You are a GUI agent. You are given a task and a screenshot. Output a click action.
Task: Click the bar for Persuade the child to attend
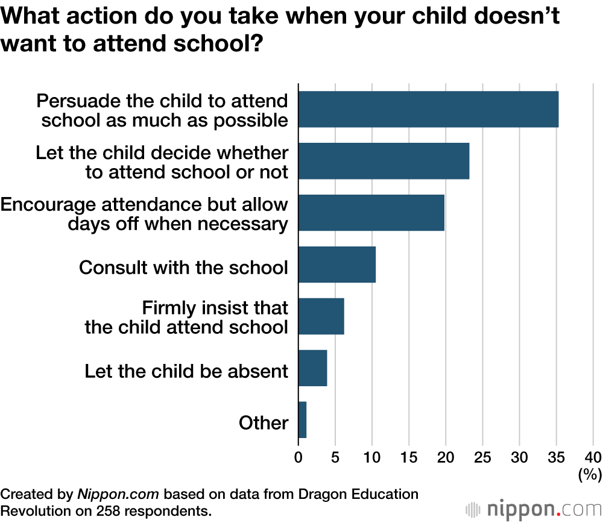(x=428, y=109)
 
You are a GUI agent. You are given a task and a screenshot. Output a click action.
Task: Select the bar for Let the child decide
(x=384, y=161)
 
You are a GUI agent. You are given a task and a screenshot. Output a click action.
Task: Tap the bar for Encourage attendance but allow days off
(x=371, y=213)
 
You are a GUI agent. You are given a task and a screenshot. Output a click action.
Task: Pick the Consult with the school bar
(x=337, y=265)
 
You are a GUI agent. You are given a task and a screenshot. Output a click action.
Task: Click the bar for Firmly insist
(x=321, y=316)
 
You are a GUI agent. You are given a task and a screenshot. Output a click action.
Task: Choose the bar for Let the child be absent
(x=313, y=368)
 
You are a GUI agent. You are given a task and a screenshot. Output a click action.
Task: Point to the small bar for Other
(x=303, y=420)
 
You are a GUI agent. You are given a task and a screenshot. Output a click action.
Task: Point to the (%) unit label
(x=589, y=475)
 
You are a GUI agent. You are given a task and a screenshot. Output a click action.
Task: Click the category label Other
(x=264, y=423)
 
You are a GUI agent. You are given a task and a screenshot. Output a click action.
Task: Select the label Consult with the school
(x=183, y=268)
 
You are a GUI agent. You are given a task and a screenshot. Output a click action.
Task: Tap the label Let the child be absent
(x=186, y=371)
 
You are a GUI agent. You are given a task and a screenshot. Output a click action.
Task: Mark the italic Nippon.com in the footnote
(x=118, y=495)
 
